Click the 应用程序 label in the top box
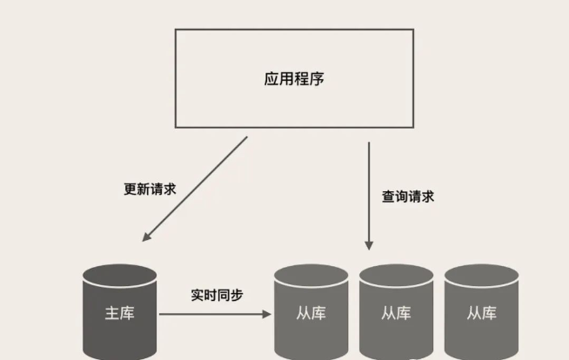[294, 79]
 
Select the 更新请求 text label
[150, 189]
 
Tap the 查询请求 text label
[408, 197]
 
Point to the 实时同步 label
[217, 295]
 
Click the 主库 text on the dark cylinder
[120, 313]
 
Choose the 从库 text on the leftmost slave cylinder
[311, 313]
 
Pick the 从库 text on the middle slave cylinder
[396, 313]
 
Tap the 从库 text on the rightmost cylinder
[481, 313]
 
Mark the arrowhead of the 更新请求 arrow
[146, 237]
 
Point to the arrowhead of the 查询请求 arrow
[369, 245]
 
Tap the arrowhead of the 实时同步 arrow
[267, 314]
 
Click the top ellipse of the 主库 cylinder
[120, 276]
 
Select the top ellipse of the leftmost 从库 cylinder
[311, 276]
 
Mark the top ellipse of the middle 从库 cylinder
[396, 276]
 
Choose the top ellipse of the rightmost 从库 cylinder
[481, 276]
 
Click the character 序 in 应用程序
[317, 79]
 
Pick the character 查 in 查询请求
[388, 197]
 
